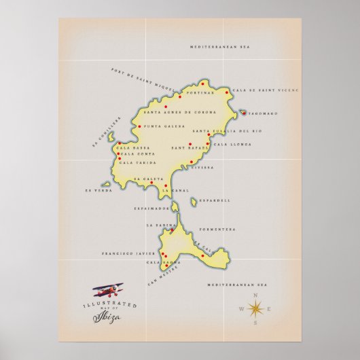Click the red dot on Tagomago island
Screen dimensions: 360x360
[x=243, y=113]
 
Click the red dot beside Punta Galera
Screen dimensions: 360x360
[x=139, y=126]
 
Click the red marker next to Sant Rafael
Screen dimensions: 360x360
[x=191, y=144]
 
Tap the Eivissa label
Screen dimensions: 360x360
[x=202, y=166]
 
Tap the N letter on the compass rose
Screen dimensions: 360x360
[x=255, y=295]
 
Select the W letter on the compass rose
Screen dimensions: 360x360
[x=240, y=310]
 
